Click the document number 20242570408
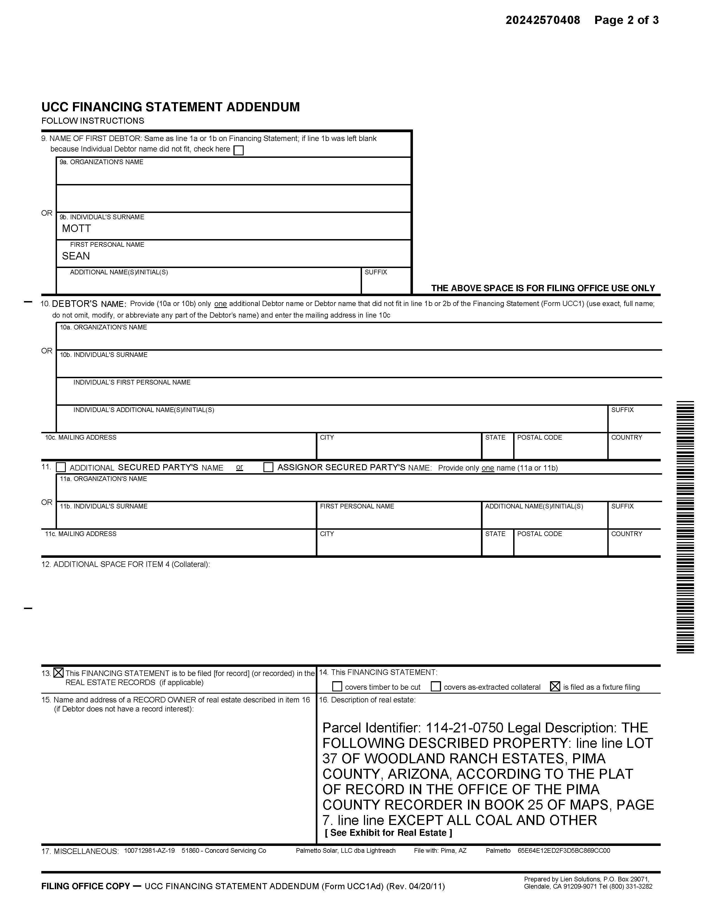point(542,20)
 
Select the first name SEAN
point(76,256)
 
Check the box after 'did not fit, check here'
point(239,150)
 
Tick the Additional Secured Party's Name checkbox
point(61,467)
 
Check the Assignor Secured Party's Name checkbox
point(269,467)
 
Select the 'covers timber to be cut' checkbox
point(337,687)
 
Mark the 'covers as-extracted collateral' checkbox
point(436,687)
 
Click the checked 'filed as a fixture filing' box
point(555,687)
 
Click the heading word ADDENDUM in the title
point(263,107)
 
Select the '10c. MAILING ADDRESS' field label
point(81,437)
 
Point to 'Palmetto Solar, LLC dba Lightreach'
point(345,851)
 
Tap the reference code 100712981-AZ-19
point(149,851)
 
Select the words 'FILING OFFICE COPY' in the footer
point(86,886)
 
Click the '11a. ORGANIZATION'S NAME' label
point(103,479)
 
